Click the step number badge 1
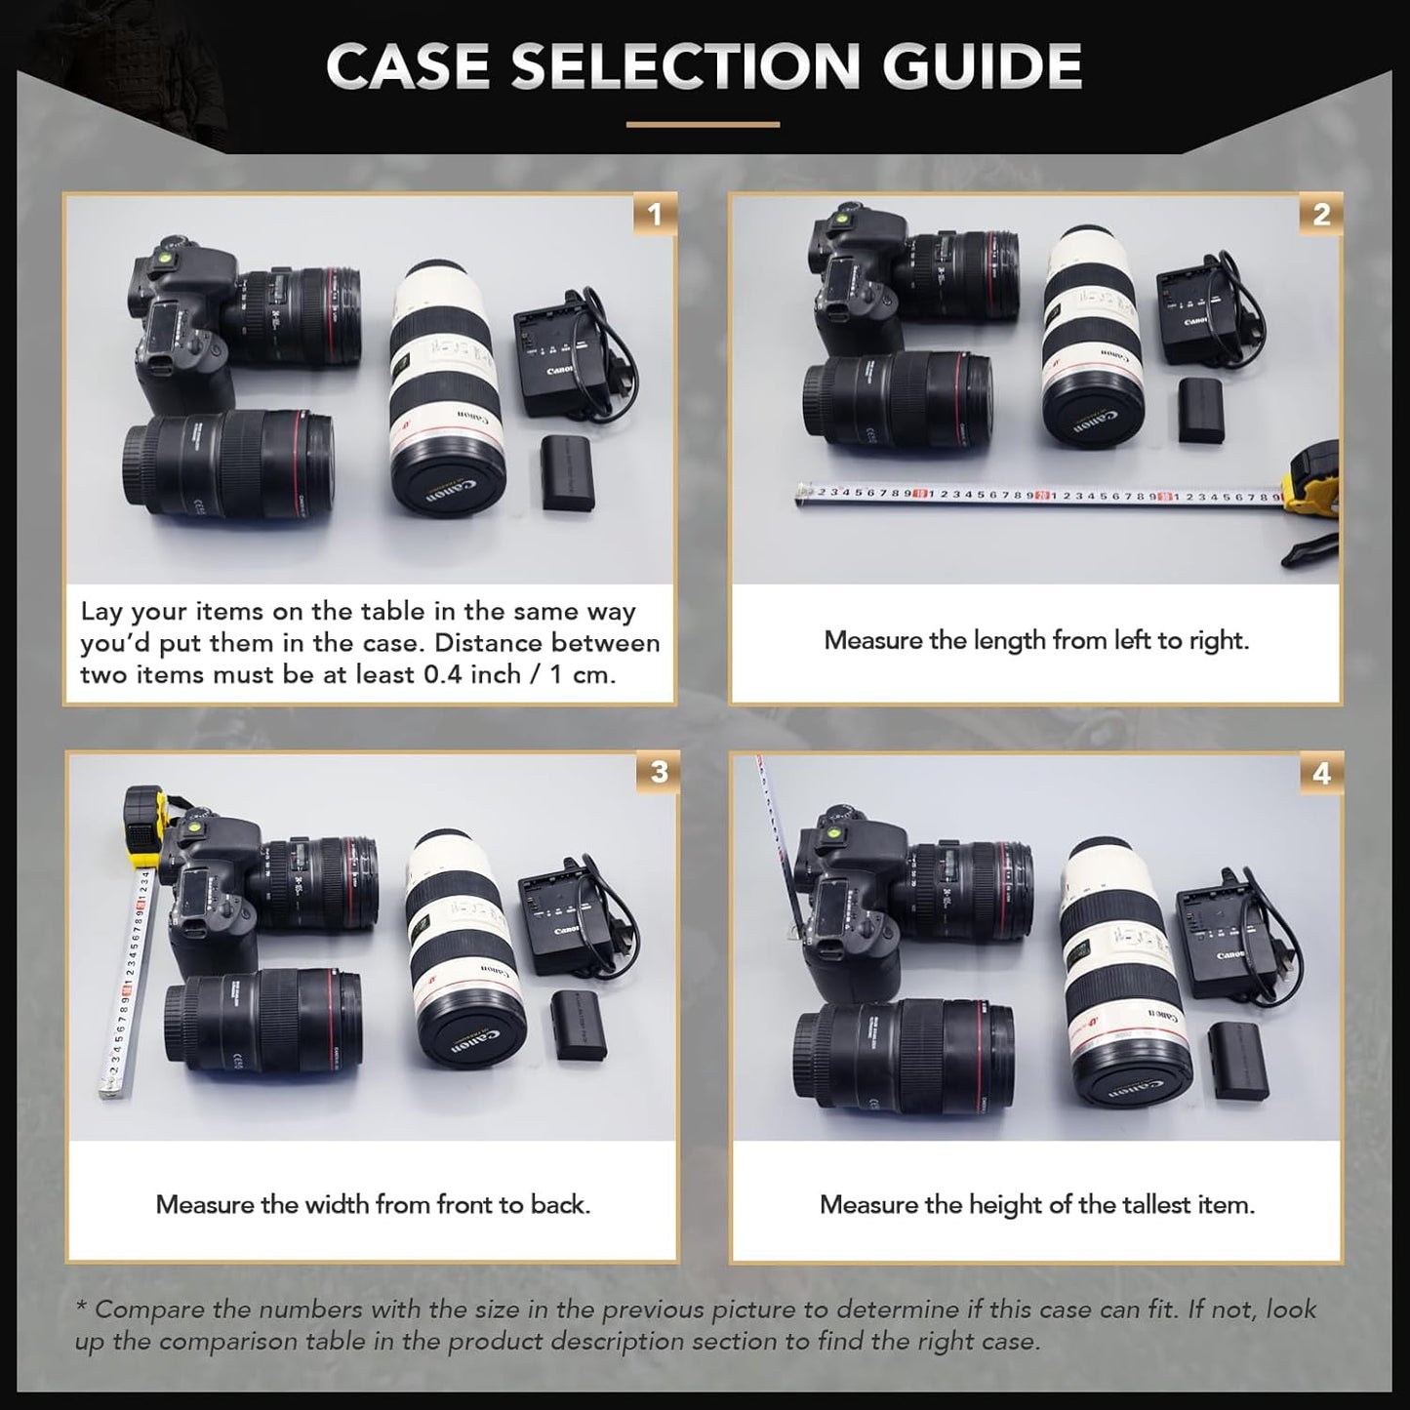[x=654, y=214]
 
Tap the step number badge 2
[x=1321, y=214]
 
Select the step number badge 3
[x=659, y=772]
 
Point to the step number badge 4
[x=1321, y=774]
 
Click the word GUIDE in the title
[x=982, y=66]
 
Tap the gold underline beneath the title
[x=703, y=125]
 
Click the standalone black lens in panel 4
[x=903, y=1055]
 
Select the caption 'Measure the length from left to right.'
[x=1036, y=641]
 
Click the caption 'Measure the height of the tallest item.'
[x=1036, y=1205]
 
